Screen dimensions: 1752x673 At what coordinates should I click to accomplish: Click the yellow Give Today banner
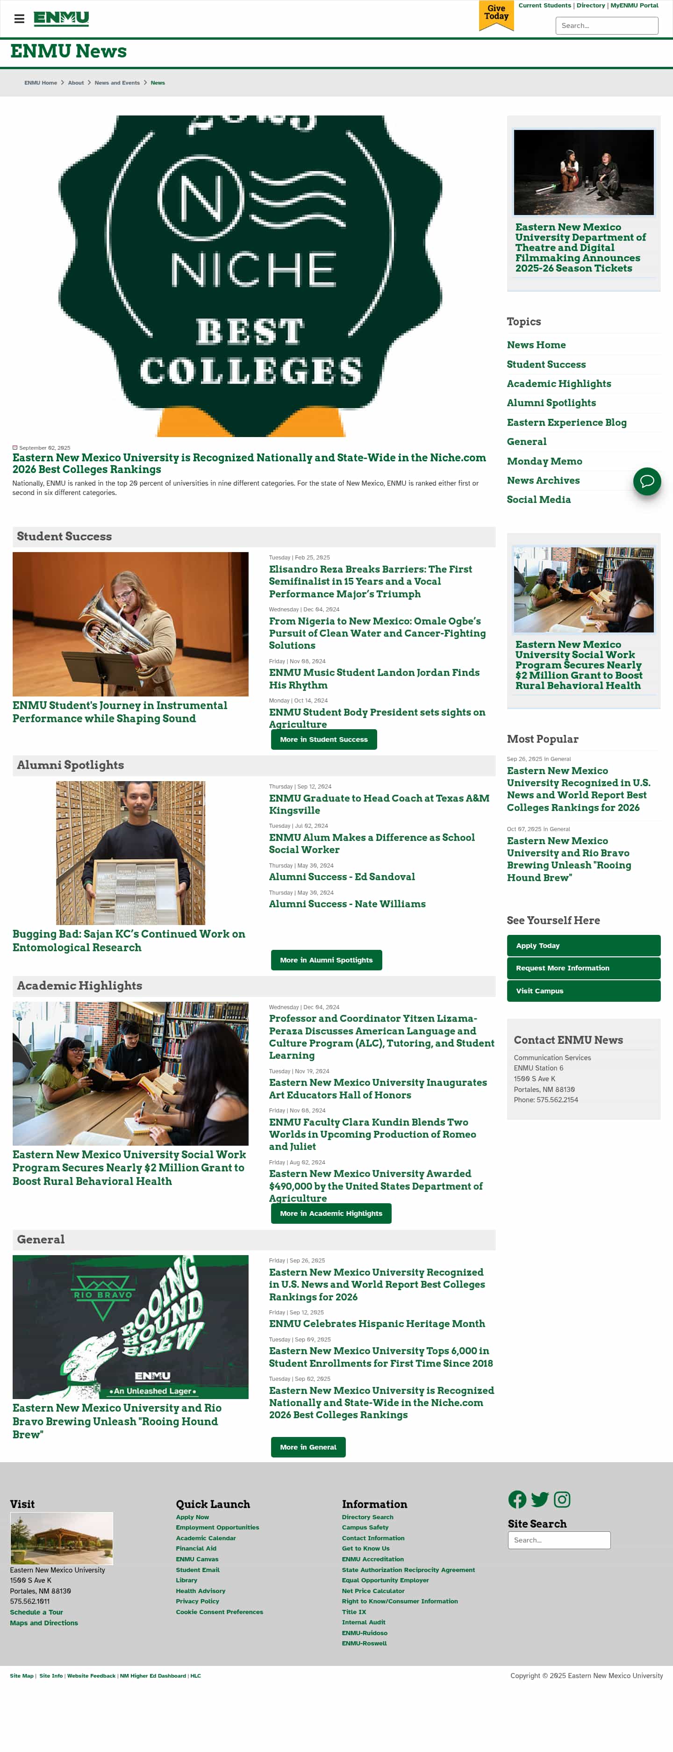pyautogui.click(x=496, y=14)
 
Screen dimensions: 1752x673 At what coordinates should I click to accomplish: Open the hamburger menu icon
pyautogui.click(x=19, y=18)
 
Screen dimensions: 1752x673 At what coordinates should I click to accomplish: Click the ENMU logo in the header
pyautogui.click(x=61, y=18)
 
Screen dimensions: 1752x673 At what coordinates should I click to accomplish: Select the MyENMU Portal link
pyautogui.click(x=634, y=6)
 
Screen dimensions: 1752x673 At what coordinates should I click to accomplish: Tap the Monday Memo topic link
pyautogui.click(x=544, y=461)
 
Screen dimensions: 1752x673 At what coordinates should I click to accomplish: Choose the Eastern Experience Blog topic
pyautogui.click(x=566, y=423)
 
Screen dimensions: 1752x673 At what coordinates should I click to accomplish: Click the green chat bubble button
pyautogui.click(x=646, y=481)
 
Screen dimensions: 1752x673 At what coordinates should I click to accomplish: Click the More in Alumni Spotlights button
pyautogui.click(x=326, y=960)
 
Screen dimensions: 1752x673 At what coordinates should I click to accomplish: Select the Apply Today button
pyautogui.click(x=583, y=945)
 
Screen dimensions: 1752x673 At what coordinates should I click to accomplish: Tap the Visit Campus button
pyautogui.click(x=583, y=991)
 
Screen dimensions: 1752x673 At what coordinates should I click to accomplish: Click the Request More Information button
pyautogui.click(x=583, y=968)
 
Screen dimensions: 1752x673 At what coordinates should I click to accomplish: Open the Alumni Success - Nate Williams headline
pyautogui.click(x=347, y=904)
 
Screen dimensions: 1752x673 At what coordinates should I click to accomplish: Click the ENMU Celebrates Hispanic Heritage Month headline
pyautogui.click(x=377, y=1323)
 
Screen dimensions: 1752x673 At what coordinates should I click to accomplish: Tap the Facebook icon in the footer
pyautogui.click(x=516, y=1500)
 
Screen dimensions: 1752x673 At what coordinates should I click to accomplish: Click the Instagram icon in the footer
pyautogui.click(x=561, y=1500)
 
